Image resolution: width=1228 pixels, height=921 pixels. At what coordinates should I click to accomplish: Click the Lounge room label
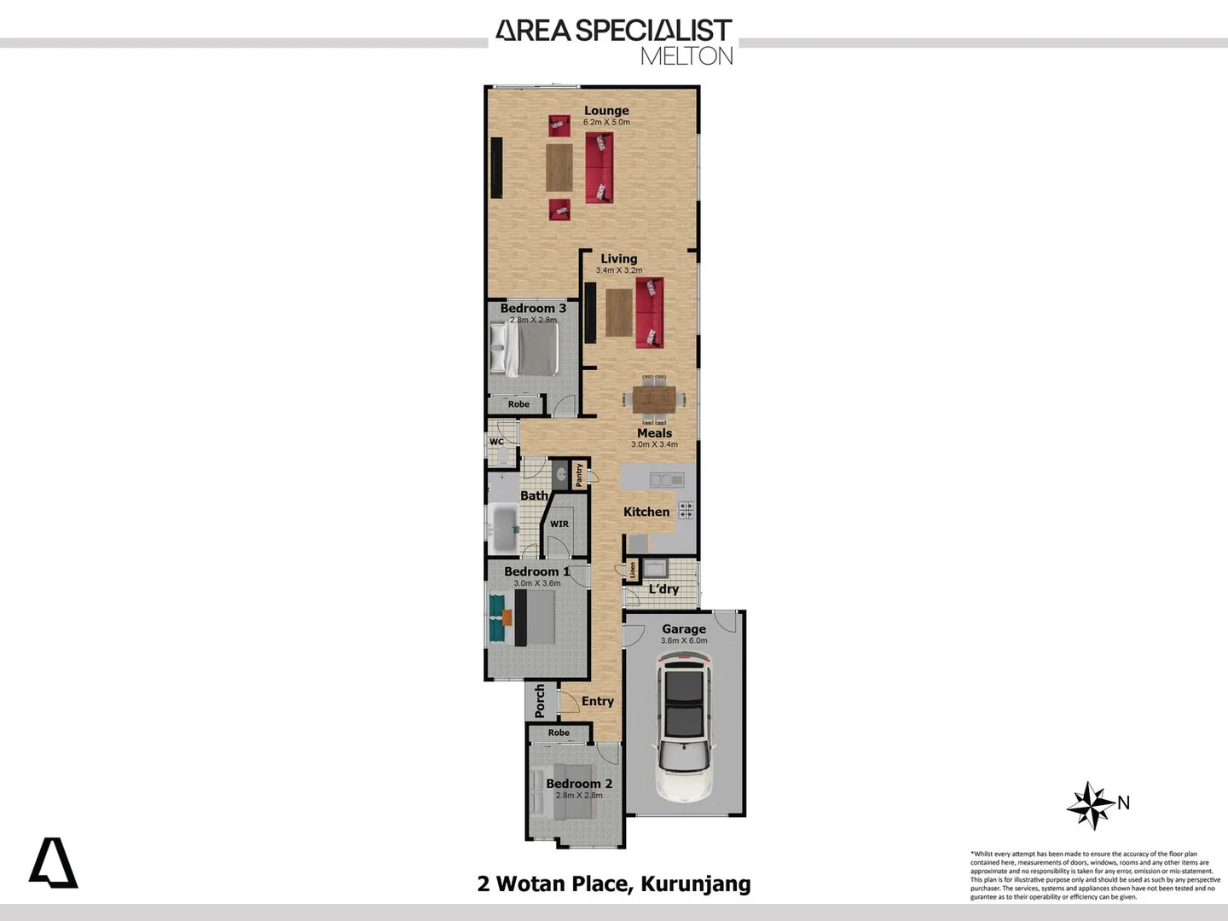pyautogui.click(x=606, y=111)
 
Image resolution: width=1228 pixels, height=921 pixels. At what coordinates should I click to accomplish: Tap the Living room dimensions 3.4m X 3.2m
pyautogui.click(x=619, y=270)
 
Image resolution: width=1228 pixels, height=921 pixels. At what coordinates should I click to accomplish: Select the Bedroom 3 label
pyautogui.click(x=533, y=308)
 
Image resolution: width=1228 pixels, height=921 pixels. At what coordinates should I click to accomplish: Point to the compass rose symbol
pyautogui.click(x=1091, y=805)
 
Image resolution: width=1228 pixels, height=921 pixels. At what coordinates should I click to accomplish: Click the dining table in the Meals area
pyautogui.click(x=654, y=399)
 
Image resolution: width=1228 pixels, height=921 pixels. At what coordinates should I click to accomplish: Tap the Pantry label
pyautogui.click(x=579, y=475)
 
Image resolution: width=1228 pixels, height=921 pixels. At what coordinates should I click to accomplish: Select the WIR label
pyautogui.click(x=559, y=524)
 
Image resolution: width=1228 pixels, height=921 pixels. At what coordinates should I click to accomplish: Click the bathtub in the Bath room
pyautogui.click(x=503, y=529)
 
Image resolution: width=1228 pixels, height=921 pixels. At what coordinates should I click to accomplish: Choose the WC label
pyautogui.click(x=496, y=442)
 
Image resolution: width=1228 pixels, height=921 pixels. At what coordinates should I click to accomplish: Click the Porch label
pyautogui.click(x=539, y=701)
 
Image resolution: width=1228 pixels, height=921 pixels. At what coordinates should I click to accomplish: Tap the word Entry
pyautogui.click(x=598, y=701)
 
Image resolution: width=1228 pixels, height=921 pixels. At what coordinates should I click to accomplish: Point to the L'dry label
pyautogui.click(x=663, y=589)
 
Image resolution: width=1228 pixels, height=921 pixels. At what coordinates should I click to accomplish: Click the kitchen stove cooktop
pyautogui.click(x=686, y=510)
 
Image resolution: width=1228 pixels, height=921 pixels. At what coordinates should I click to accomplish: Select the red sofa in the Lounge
pyautogui.click(x=599, y=167)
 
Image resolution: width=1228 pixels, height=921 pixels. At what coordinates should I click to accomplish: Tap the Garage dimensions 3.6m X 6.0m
pyautogui.click(x=684, y=640)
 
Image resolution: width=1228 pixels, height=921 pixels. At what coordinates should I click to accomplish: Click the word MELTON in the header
pyautogui.click(x=686, y=56)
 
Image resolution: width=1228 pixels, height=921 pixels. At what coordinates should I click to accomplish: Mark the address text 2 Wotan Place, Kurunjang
pyautogui.click(x=614, y=883)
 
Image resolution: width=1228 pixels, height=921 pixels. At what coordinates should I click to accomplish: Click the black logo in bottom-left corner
pyautogui.click(x=54, y=863)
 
